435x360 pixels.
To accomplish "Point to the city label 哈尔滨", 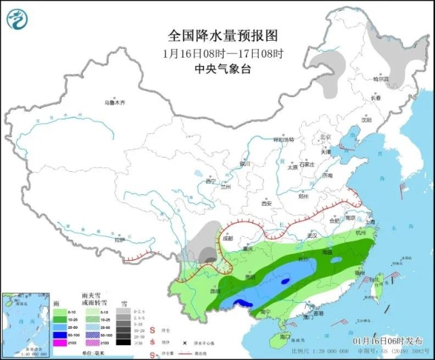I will (381, 79).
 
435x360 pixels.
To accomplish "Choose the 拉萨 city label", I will (120, 240).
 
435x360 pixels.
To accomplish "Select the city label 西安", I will (266, 204).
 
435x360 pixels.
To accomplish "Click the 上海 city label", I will (370, 222).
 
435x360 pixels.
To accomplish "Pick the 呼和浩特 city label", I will (284, 139).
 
